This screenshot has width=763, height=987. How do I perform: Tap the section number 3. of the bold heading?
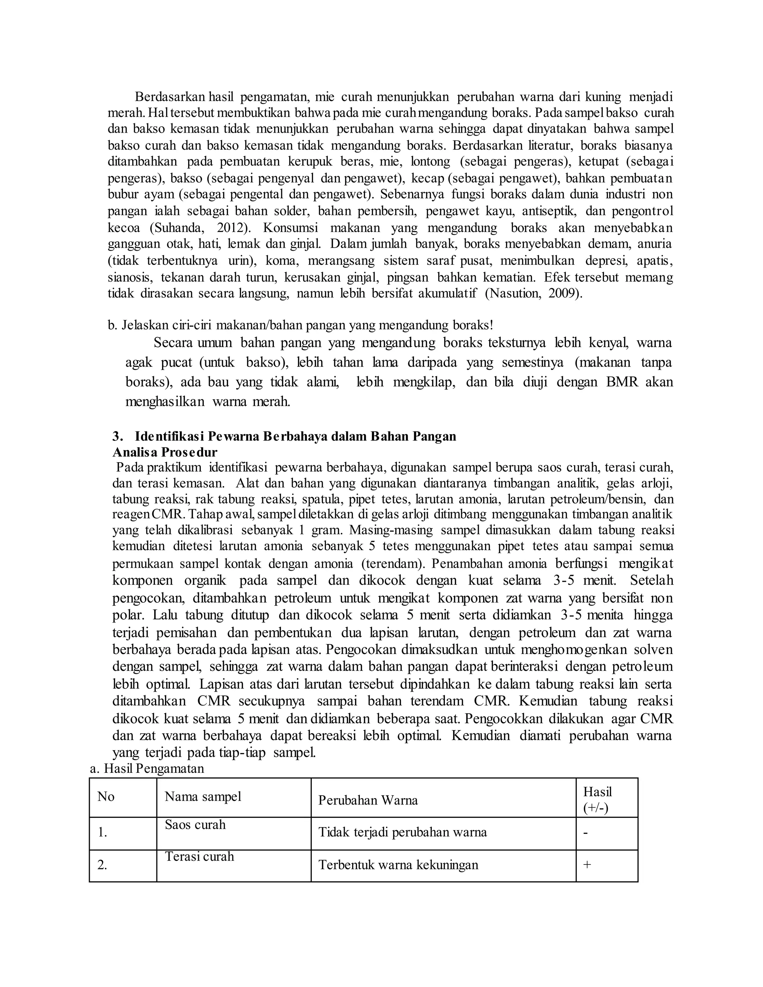click(x=118, y=437)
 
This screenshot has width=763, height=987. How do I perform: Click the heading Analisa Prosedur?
click(x=165, y=452)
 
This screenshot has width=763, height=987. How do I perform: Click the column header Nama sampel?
click(x=203, y=796)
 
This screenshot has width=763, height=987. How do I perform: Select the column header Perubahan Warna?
click(x=368, y=800)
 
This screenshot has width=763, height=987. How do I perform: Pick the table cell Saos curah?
click(x=195, y=825)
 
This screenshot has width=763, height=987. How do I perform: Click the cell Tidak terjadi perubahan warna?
click(x=403, y=832)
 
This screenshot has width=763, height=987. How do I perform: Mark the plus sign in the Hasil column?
click(x=587, y=864)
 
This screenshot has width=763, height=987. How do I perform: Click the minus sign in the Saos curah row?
click(x=586, y=832)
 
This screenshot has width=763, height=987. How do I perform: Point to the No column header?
click(x=106, y=797)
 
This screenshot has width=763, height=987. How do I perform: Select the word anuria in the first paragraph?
click(x=655, y=244)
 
